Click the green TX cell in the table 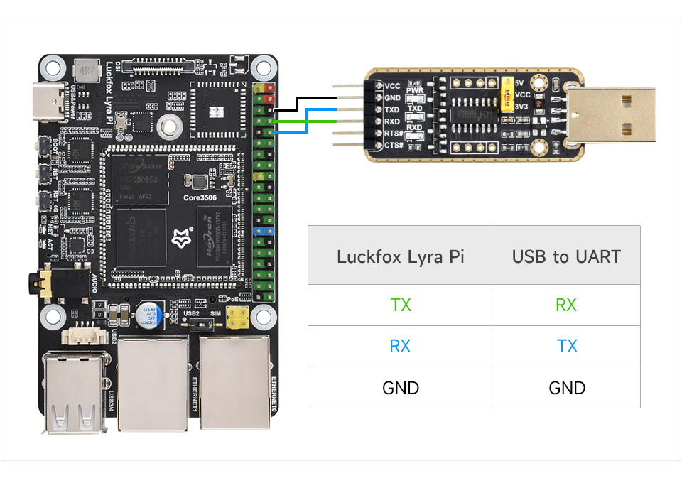[400, 305]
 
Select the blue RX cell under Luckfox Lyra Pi [400, 346]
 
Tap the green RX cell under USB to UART [565, 305]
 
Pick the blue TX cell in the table [566, 346]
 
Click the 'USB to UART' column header [565, 256]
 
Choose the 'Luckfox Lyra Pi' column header [400, 256]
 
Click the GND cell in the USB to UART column [566, 388]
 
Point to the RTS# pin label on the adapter [394, 134]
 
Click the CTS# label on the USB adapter [394, 146]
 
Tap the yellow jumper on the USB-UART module [507, 95]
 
